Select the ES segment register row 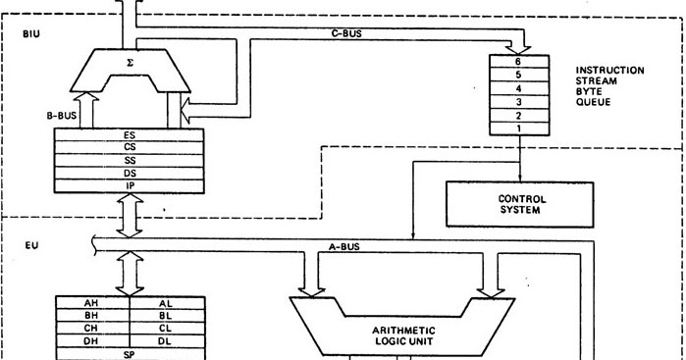131,136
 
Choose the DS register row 131,173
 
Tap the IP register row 131,184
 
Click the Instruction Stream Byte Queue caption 609,84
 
